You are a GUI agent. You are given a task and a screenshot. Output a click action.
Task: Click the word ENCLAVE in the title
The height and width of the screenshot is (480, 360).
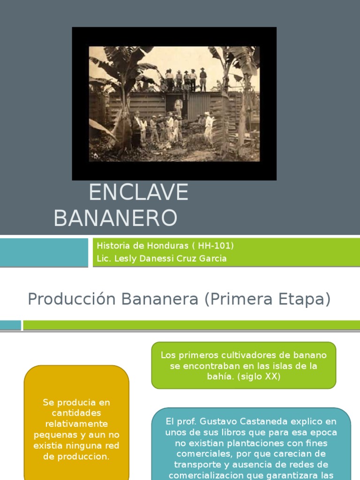138,193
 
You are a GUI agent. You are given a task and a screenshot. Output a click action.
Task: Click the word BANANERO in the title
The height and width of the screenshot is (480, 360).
115,218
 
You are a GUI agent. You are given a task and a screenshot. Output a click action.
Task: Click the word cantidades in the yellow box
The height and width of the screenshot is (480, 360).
76,413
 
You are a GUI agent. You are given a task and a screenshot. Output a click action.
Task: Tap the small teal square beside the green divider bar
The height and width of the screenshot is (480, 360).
10,325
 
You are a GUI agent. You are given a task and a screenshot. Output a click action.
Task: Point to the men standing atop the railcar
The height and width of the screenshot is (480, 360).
186,79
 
